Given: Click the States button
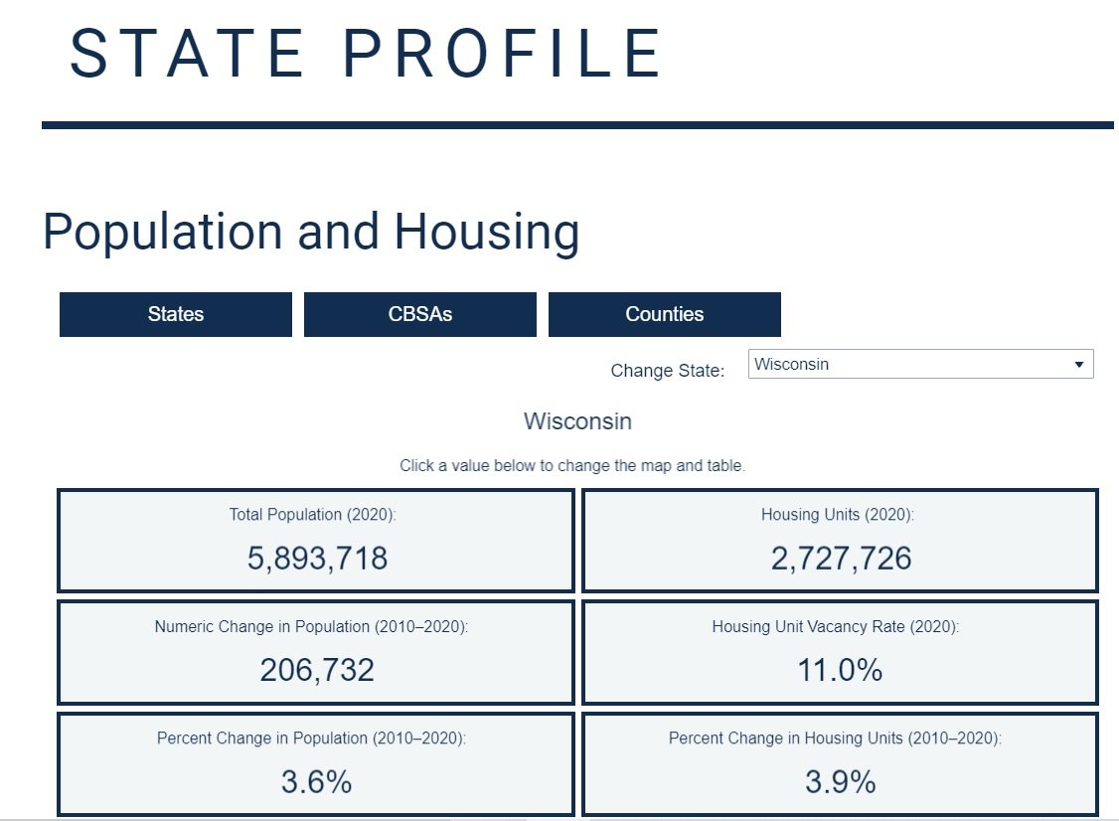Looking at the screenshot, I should click(176, 314).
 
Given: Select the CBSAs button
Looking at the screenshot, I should click(420, 314).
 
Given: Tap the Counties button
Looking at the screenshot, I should click(665, 314).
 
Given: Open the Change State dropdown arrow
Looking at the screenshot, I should click(1079, 365).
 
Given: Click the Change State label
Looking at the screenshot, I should click(668, 371).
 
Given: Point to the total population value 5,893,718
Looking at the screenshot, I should click(317, 559).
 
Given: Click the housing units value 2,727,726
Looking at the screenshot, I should click(841, 559).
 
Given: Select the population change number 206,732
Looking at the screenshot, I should click(317, 670).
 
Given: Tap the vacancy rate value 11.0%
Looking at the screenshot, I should click(840, 670).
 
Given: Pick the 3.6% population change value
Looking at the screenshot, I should click(316, 782).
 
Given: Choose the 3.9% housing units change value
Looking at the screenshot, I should click(840, 782).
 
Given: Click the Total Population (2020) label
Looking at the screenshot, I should click(313, 515).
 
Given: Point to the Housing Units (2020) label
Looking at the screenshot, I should click(837, 515).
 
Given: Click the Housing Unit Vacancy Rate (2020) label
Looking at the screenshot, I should click(836, 627).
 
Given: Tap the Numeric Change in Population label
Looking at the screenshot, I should click(311, 627).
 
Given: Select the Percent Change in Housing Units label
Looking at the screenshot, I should click(835, 739).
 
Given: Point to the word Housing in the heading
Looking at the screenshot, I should click(486, 232).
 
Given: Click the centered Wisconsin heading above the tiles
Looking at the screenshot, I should click(577, 421).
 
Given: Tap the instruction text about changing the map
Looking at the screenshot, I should click(571, 465).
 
